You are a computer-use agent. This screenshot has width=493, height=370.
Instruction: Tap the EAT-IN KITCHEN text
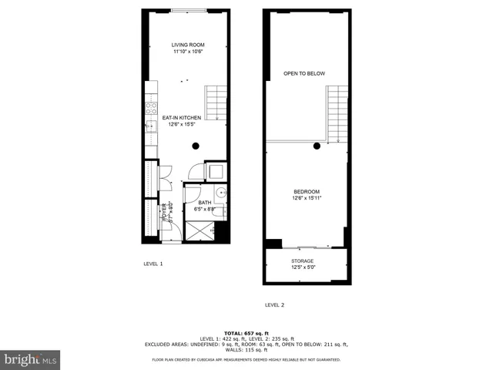(x=181, y=118)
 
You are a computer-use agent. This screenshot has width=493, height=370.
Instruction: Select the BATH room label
(x=204, y=203)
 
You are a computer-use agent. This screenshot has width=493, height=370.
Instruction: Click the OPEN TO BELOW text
(x=304, y=73)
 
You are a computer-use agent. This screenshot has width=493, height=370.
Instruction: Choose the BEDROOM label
(x=306, y=191)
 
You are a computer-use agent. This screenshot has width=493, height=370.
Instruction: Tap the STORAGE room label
(x=302, y=261)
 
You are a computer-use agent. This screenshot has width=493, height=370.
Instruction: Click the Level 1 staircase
(x=216, y=101)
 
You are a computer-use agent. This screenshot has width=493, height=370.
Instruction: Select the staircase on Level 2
(x=337, y=113)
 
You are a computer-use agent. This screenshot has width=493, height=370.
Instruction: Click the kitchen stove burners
(x=152, y=108)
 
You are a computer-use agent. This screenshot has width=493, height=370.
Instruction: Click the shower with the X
(x=202, y=229)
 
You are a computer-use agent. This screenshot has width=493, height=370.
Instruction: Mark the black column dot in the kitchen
(x=196, y=146)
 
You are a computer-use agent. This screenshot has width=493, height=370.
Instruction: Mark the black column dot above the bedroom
(x=317, y=146)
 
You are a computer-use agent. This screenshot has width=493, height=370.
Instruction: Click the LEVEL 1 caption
(x=153, y=264)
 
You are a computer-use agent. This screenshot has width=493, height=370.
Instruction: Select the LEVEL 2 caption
(x=275, y=305)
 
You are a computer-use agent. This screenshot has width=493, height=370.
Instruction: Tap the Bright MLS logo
(x=30, y=360)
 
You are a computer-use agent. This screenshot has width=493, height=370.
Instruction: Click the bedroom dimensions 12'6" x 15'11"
(x=306, y=198)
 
